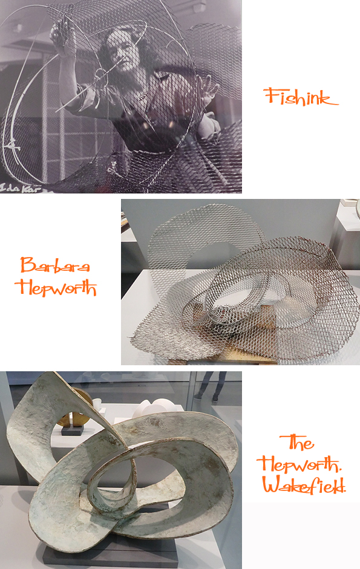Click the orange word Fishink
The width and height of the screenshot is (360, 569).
click(301, 97)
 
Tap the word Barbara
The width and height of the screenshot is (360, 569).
click(55, 265)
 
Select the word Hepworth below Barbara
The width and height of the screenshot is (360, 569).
click(56, 288)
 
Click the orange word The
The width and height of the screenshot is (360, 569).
click(296, 443)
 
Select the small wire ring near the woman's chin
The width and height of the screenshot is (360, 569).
click(99, 74)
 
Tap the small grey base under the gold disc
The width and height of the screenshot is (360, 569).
click(72, 431)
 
